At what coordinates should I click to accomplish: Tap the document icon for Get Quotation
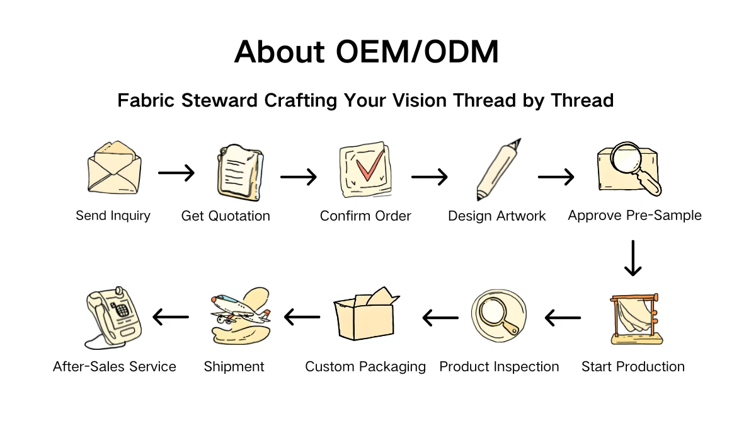(239, 171)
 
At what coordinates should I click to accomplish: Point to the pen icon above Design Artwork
(498, 169)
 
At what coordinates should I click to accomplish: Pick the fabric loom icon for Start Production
(635, 319)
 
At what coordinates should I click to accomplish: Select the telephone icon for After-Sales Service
(113, 316)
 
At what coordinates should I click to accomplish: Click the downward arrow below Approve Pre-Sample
(633, 258)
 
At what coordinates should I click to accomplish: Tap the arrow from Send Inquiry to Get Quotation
(176, 173)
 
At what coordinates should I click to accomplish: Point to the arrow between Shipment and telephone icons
(171, 317)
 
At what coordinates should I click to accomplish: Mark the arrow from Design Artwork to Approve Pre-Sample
(556, 177)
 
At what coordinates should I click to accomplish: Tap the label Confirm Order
(365, 216)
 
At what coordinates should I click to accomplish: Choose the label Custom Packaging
(365, 367)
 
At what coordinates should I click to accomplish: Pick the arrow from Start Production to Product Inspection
(563, 318)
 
